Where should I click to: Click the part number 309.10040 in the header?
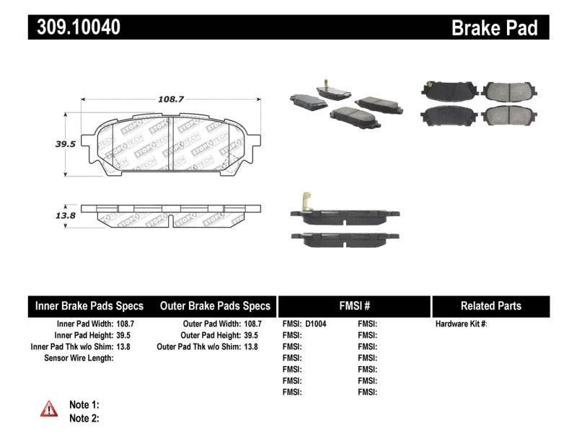75,27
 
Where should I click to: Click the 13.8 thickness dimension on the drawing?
46,215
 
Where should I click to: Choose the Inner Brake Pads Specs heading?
89,306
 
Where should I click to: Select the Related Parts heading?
491,306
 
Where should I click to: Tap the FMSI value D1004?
316,324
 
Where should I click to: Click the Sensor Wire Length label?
78,358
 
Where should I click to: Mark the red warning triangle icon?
49,409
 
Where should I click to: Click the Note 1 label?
84,405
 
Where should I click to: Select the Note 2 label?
84,418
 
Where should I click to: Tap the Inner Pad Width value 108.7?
125,324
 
